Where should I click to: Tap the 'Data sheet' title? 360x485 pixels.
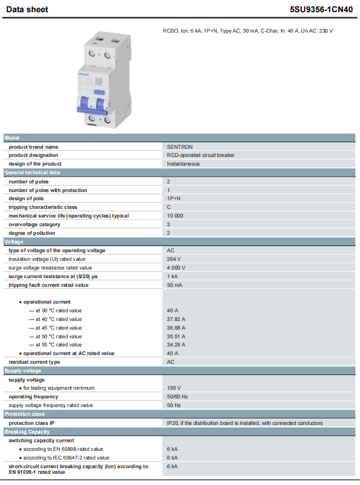(27, 9)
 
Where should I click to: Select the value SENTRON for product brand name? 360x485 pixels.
(180, 147)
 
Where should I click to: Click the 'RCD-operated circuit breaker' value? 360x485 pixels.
(201, 155)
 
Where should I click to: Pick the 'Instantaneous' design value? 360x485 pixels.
(183, 164)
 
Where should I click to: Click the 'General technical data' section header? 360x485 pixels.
(33, 172)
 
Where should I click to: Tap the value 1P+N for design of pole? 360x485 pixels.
(175, 199)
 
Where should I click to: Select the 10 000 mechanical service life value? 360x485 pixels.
(175, 215)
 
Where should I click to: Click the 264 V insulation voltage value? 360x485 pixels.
(174, 259)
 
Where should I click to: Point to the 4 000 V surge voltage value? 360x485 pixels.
(176, 267)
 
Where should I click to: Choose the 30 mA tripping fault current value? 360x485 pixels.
(175, 285)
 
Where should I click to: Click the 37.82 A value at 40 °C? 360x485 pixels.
(176, 319)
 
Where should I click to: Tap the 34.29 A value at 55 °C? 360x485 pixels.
(176, 344)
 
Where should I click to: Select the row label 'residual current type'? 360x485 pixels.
(34, 362)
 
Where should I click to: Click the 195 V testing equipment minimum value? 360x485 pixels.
(174, 388)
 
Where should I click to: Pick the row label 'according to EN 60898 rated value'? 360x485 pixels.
(63, 449)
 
